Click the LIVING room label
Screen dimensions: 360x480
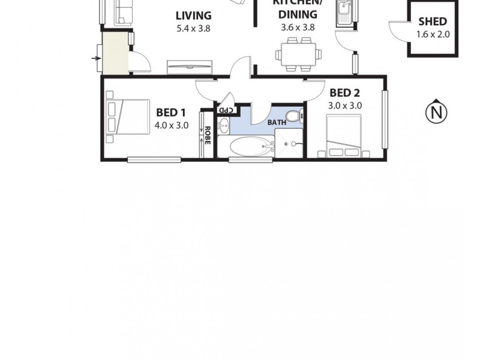click(193, 16)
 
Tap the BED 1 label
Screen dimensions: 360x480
click(171, 112)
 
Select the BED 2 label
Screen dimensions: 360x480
click(344, 92)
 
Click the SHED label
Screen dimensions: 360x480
click(433, 22)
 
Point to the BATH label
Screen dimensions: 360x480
click(277, 122)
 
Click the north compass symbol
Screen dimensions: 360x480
click(437, 111)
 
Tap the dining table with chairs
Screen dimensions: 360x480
click(298, 55)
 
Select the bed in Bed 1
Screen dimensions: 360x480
click(128, 116)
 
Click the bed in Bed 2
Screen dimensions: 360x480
click(343, 136)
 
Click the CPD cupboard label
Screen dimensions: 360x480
click(225, 110)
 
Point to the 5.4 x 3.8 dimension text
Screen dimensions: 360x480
click(193, 28)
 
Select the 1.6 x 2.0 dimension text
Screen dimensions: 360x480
click(433, 34)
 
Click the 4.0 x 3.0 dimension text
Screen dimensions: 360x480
click(171, 125)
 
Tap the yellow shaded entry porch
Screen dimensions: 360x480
click(115, 53)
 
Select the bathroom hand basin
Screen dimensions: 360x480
click(224, 126)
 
